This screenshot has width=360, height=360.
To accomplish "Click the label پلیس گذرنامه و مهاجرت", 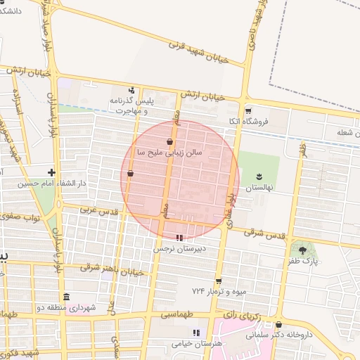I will point(131,105).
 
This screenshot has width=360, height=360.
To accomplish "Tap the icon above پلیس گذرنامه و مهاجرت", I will point(131,89).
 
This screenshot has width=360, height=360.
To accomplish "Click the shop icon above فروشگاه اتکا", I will point(247,111).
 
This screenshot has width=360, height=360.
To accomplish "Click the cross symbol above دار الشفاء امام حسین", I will point(51,172).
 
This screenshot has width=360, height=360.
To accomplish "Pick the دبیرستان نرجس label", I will point(179,248).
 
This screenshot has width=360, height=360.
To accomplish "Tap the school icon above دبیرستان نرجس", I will point(179,238).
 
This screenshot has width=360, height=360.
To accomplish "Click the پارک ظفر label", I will point(303,262).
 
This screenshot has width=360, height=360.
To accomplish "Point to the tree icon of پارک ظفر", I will point(303,250).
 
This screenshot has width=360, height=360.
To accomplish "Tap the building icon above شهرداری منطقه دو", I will point(66,296).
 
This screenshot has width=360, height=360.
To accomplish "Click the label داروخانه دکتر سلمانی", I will point(278,335).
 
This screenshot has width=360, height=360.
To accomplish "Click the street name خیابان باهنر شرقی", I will point(112,269).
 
